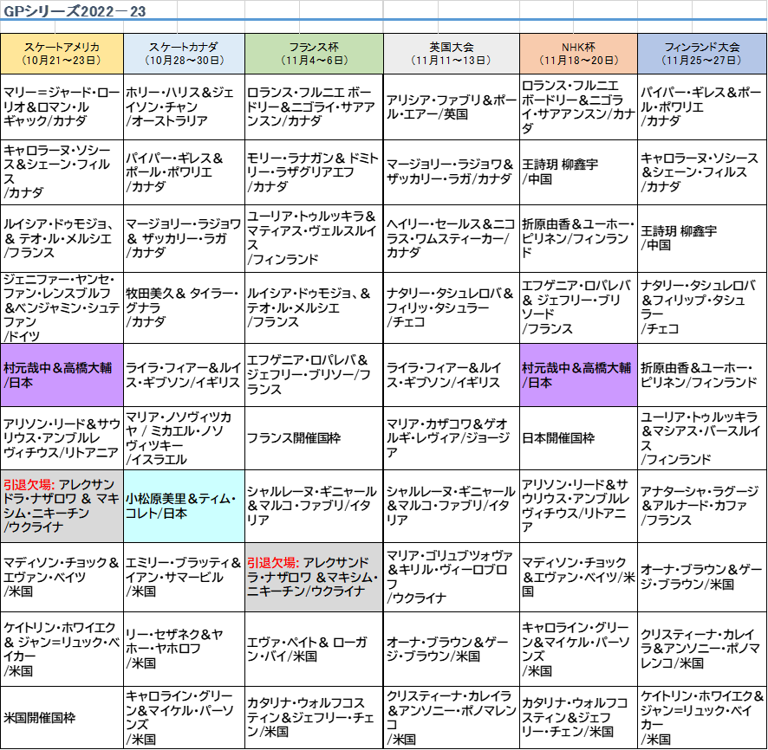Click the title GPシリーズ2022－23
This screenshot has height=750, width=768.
coord(75,10)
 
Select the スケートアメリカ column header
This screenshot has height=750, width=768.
coord(62,54)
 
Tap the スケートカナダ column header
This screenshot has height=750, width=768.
coord(184,54)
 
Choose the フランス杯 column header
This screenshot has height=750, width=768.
coord(314,54)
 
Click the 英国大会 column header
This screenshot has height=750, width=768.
coord(451,54)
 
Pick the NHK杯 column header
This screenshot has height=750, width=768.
coord(578,54)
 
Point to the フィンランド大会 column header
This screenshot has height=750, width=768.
coord(702,54)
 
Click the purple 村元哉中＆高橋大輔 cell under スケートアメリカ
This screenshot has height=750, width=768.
coord(62,375)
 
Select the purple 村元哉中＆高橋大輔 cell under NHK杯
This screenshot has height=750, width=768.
coord(578,375)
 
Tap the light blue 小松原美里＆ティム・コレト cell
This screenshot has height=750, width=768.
coord(184,507)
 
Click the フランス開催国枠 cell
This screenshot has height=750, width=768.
coord(314,438)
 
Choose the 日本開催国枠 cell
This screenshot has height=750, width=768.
coord(578,438)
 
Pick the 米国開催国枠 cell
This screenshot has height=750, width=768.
coord(62,718)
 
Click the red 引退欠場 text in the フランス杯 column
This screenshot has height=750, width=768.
coord(273,563)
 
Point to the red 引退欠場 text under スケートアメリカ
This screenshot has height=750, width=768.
coord(29,484)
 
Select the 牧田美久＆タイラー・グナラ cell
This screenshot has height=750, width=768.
coord(184,307)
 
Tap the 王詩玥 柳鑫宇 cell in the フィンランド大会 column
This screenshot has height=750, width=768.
coord(702,238)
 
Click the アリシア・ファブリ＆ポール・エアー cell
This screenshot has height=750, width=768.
coord(451,107)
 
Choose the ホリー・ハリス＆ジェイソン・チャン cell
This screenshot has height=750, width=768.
coord(184,107)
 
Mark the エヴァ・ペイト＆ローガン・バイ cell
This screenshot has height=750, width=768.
coord(314,650)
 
